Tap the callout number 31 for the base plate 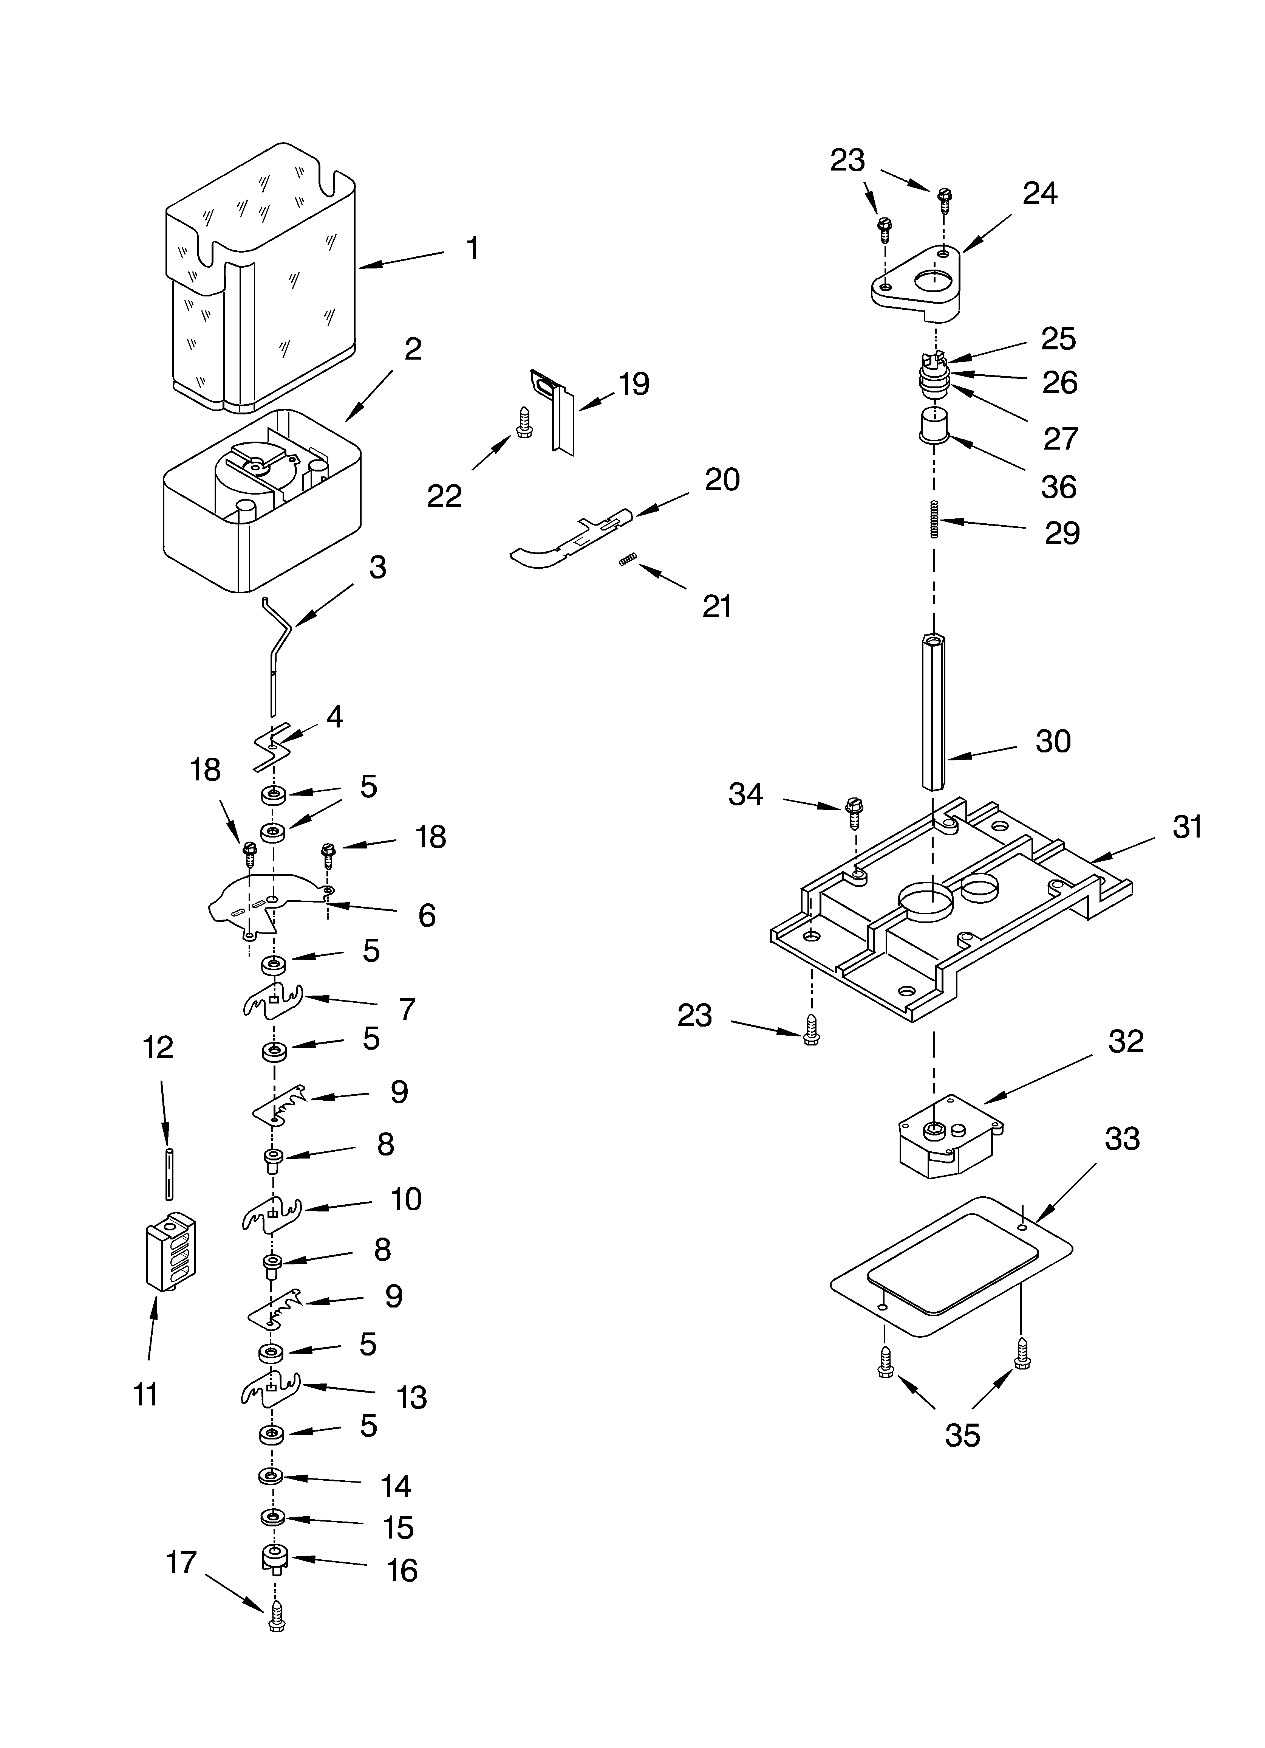pyautogui.click(x=1187, y=827)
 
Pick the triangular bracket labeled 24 pyautogui.click(x=917, y=281)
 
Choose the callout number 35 pyautogui.click(x=962, y=1434)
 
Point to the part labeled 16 pyautogui.click(x=274, y=1559)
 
